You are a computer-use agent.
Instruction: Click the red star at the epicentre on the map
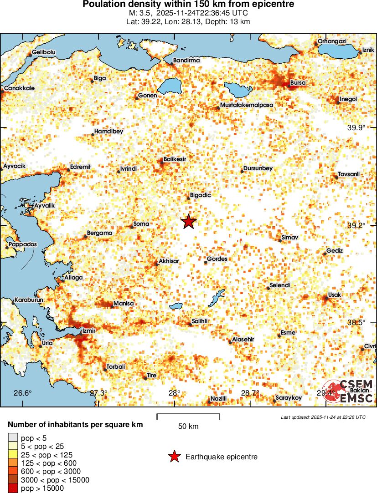(x=189, y=222)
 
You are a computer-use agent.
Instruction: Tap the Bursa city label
(x=298, y=83)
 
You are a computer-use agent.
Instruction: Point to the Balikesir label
(x=175, y=159)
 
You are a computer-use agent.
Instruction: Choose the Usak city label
(x=335, y=295)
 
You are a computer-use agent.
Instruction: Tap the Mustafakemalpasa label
(x=247, y=105)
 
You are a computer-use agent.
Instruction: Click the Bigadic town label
(x=201, y=195)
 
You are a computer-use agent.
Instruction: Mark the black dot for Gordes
(x=206, y=263)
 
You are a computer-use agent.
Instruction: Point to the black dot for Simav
(x=279, y=241)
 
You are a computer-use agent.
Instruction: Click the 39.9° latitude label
(x=356, y=127)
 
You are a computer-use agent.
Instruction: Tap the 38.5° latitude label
(x=356, y=322)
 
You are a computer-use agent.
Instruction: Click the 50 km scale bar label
(x=188, y=427)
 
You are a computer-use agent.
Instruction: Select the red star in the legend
(x=174, y=457)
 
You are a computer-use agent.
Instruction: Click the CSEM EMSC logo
(x=349, y=391)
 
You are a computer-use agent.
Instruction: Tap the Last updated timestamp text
(x=323, y=417)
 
